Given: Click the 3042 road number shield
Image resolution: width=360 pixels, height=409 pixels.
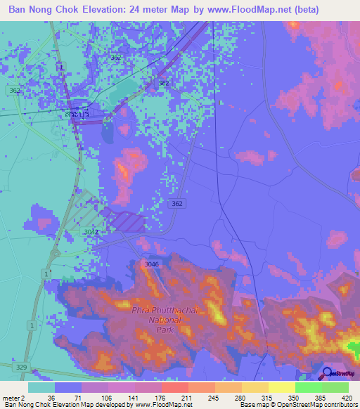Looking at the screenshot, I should pyautogui.click(x=91, y=231).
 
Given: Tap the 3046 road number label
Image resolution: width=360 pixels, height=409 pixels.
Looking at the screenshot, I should pyautogui.click(x=149, y=264).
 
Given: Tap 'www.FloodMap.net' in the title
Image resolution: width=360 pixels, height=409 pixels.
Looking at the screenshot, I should pyautogui.click(x=238, y=10).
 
